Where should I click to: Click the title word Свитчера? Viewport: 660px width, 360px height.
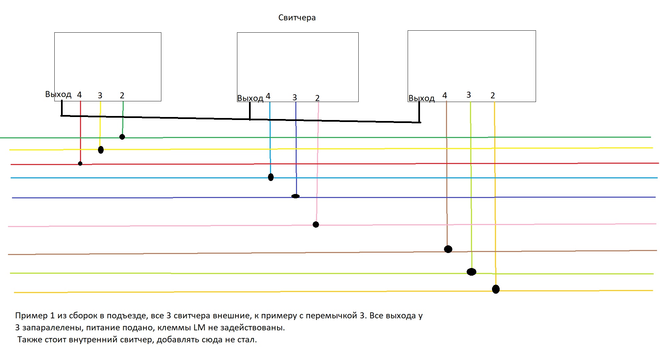point(297,18)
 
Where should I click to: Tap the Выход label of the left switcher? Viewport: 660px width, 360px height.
point(58,94)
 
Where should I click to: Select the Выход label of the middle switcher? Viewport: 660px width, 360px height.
point(250,98)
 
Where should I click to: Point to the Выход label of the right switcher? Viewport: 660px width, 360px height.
point(421,98)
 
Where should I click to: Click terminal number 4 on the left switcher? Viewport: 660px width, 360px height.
point(79,95)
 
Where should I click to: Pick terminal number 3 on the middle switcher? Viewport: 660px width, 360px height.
point(295,98)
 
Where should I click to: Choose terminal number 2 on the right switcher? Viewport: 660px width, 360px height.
point(493,96)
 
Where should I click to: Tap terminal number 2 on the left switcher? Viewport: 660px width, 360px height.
point(122,96)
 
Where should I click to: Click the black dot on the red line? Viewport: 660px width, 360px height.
point(80,164)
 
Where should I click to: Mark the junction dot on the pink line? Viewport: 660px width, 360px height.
point(316,225)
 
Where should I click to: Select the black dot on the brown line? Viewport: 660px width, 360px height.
point(448,249)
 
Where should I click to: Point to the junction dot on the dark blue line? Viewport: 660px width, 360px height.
point(295,196)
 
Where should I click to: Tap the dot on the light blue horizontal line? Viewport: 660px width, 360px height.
point(271,177)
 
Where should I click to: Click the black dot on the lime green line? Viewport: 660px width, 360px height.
point(471,272)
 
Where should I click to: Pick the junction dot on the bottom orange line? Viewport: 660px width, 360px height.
point(496,289)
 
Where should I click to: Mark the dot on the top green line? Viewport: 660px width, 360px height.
point(122,137)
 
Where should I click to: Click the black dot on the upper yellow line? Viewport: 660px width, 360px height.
point(101,150)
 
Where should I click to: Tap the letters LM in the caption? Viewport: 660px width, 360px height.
point(199,328)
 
